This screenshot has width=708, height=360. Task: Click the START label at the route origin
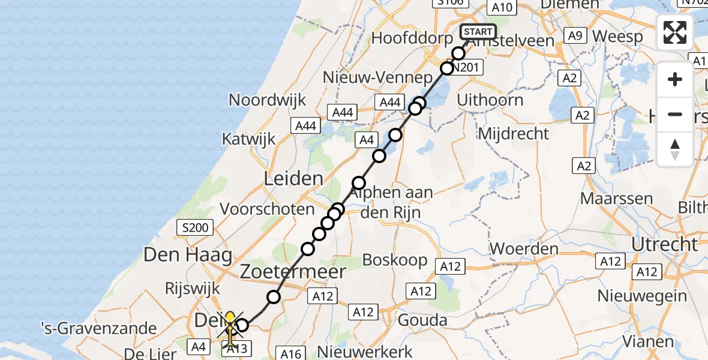[478, 32]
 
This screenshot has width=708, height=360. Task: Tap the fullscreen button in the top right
[675, 32]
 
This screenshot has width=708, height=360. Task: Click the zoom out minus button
[675, 114]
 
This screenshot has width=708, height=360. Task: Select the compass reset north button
[675, 149]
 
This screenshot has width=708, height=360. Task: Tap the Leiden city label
[293, 178]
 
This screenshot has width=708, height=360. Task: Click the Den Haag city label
[187, 255]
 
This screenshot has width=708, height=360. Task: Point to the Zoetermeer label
[293, 272]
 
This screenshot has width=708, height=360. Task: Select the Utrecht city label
[665, 244]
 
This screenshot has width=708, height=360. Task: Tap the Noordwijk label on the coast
[267, 100]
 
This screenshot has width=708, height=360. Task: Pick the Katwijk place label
[248, 139]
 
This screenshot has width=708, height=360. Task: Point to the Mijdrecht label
[514, 133]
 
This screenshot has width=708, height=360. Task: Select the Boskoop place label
[395, 260]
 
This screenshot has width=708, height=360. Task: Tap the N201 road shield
[466, 68]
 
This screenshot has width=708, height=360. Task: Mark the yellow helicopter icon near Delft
[230, 328]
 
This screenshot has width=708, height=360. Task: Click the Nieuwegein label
[642, 296]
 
